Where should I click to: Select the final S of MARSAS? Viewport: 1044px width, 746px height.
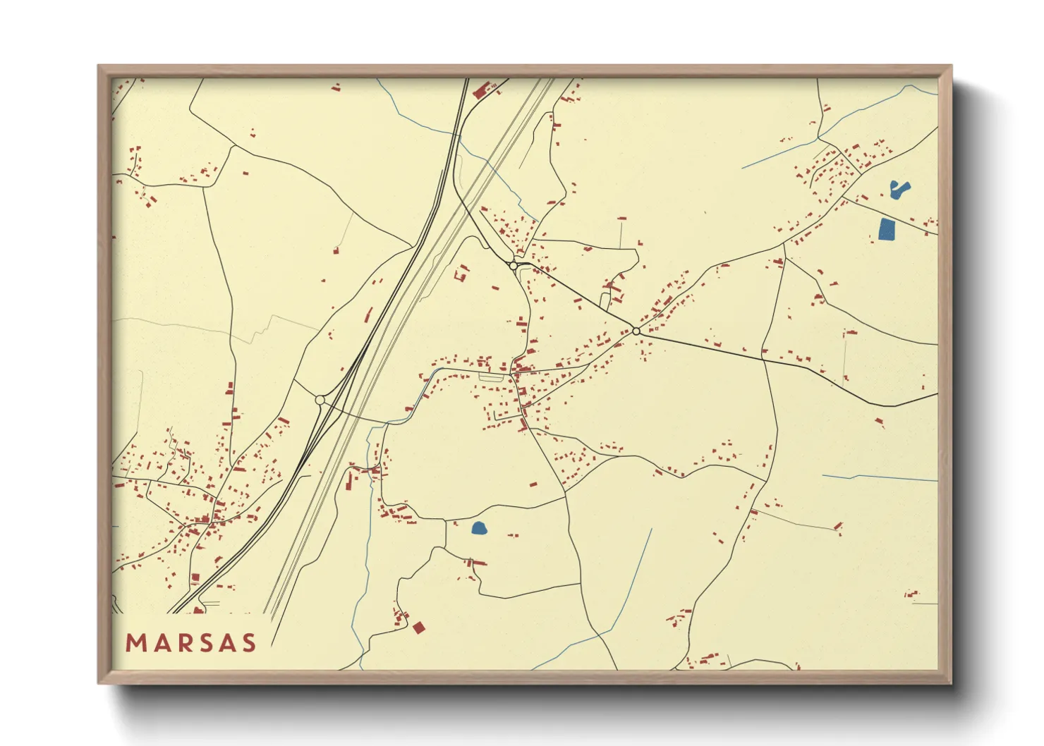point(248,643)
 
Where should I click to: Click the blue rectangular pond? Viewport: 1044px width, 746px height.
point(887,229)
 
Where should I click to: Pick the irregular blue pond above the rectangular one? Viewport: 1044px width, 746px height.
point(899,189)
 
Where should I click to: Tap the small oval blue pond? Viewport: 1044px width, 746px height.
point(479,527)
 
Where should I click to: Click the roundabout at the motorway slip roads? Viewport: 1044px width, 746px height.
point(320,400)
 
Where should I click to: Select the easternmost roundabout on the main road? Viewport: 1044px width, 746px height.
point(636,331)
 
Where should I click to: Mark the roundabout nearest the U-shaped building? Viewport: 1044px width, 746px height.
point(514,266)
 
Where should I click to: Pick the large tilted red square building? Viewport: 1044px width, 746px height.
point(419,628)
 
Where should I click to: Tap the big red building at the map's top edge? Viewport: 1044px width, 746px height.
point(483,90)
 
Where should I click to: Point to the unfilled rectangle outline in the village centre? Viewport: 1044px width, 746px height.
point(491,377)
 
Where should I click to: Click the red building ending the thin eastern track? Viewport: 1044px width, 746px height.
point(838,526)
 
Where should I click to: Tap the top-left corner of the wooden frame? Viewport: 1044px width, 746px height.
point(99,66)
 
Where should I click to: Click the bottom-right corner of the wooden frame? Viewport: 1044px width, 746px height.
point(951,683)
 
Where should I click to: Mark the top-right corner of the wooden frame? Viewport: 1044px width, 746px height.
point(951,66)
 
